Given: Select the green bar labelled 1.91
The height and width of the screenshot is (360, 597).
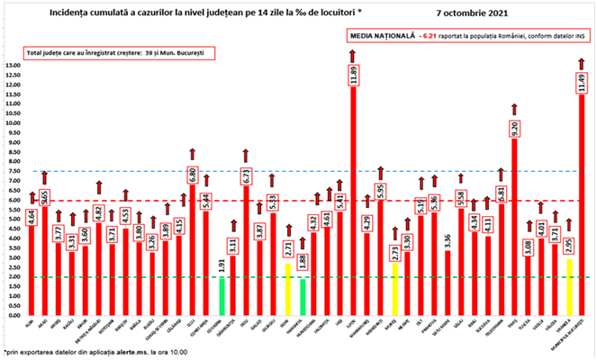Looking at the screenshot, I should tap(222, 297).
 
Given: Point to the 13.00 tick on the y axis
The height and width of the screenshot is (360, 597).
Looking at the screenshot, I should tap(14, 66).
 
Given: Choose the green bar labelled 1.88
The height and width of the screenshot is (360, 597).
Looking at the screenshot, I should tap(303, 298).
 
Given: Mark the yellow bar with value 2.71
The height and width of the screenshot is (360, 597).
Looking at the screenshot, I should tap(287, 290).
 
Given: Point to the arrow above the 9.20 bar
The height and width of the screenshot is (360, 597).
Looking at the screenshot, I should tap(513, 109).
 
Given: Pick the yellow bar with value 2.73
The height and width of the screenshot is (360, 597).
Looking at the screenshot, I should tap(393, 289).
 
